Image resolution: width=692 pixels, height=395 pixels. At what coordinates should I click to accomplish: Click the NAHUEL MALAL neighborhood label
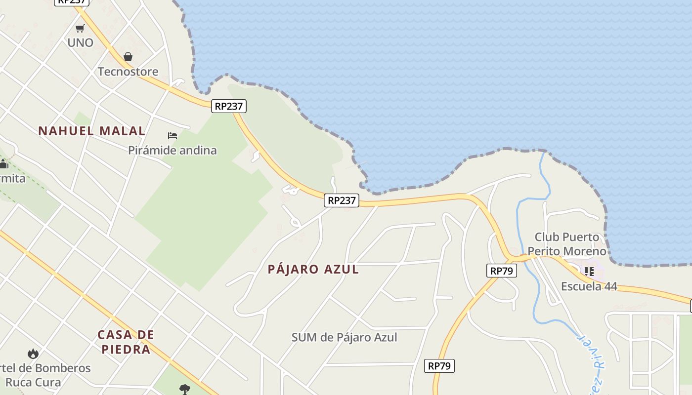(x=92, y=131)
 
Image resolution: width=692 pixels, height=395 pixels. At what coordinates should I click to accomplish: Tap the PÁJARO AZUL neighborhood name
(x=313, y=269)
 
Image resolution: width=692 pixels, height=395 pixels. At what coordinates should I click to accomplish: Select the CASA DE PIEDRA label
(x=126, y=342)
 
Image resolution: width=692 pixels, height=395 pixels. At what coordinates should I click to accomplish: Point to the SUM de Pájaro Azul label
(x=344, y=337)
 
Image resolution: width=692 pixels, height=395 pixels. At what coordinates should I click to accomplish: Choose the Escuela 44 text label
(x=589, y=286)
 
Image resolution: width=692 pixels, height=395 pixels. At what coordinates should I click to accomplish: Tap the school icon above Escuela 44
(x=589, y=271)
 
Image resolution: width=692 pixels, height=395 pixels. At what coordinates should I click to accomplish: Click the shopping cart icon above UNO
(x=80, y=28)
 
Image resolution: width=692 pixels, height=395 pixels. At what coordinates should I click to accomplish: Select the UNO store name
(x=80, y=42)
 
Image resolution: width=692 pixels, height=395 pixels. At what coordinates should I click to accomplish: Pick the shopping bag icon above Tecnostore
(x=128, y=57)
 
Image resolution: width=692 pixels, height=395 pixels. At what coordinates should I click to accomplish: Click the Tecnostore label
(x=128, y=72)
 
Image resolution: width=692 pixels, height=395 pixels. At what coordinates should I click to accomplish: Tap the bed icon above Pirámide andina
(x=172, y=135)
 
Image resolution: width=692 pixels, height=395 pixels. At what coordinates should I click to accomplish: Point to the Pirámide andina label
(x=172, y=150)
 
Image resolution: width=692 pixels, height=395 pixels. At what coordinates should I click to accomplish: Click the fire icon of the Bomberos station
(x=33, y=353)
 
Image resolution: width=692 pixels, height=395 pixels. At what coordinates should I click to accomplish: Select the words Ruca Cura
(x=33, y=382)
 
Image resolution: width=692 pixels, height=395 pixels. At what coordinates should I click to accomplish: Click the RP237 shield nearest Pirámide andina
(x=229, y=106)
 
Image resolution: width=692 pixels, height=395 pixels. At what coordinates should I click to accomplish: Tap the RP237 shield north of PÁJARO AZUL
(x=342, y=200)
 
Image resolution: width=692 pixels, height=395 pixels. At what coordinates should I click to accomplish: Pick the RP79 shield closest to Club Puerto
(x=501, y=271)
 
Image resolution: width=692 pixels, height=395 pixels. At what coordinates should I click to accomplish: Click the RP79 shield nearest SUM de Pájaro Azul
(x=439, y=366)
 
